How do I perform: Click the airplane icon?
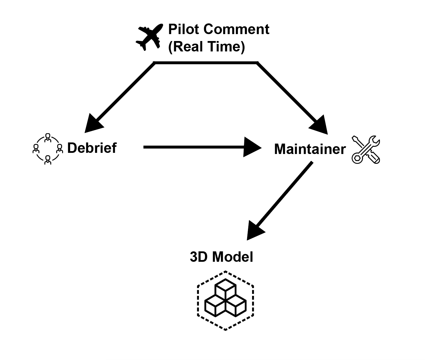149,37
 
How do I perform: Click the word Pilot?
182,29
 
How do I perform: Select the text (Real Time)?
206,47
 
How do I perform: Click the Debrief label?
92,148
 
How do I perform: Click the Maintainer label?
310,149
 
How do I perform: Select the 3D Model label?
221,257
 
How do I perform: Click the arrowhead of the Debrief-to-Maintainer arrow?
252,147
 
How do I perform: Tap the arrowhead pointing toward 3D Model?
255,231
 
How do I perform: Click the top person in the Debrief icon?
48,137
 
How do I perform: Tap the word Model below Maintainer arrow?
233,257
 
